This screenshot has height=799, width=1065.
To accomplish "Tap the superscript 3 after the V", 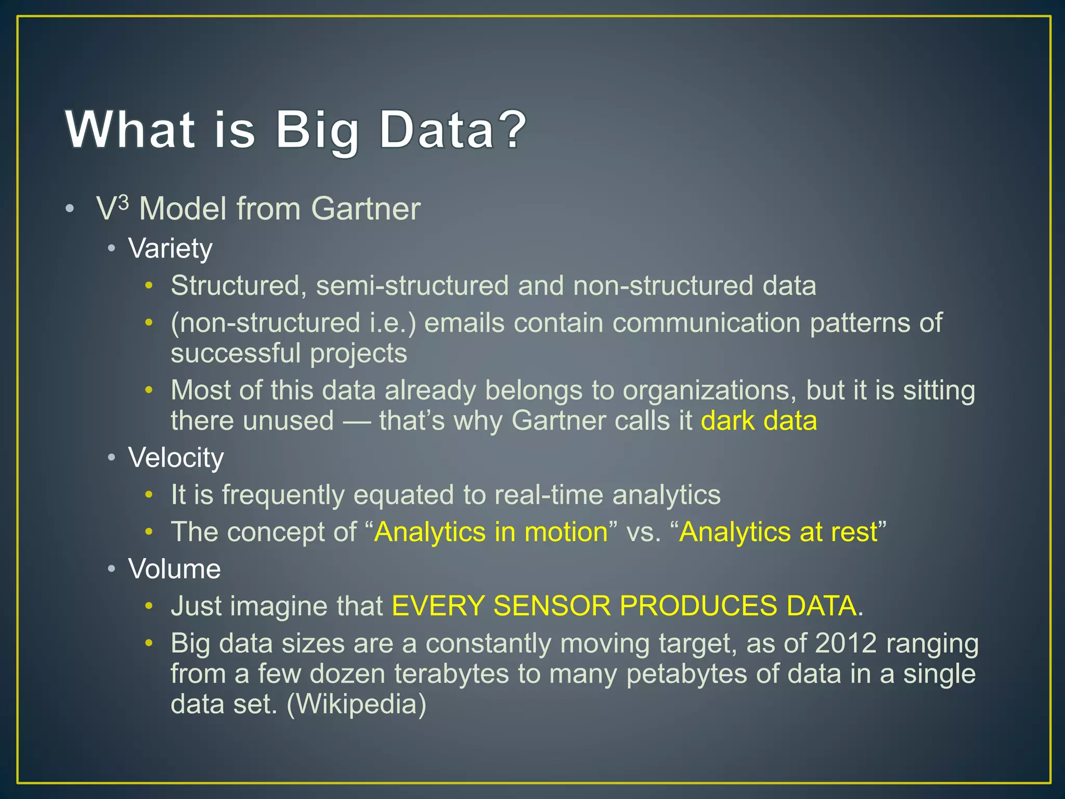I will [x=123, y=202].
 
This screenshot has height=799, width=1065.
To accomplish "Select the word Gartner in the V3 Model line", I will [x=366, y=209].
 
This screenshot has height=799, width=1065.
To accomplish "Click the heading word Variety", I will [x=171, y=249].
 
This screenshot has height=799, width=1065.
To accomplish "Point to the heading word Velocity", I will [x=176, y=458].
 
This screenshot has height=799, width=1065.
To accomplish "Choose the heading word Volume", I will [x=174, y=569].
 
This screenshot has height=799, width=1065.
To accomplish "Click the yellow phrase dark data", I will [x=759, y=420].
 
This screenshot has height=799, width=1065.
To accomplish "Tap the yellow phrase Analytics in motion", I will [x=491, y=532].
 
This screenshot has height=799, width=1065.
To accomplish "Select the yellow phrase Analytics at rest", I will [x=778, y=532].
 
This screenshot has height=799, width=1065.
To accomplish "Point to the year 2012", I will [x=846, y=643].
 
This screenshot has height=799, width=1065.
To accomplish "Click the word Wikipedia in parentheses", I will [x=356, y=704].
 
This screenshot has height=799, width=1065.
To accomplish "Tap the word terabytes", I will [x=451, y=674].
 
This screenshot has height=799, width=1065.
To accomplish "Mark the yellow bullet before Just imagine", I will [x=149, y=606].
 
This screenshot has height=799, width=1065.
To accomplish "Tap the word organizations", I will [x=709, y=391].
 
